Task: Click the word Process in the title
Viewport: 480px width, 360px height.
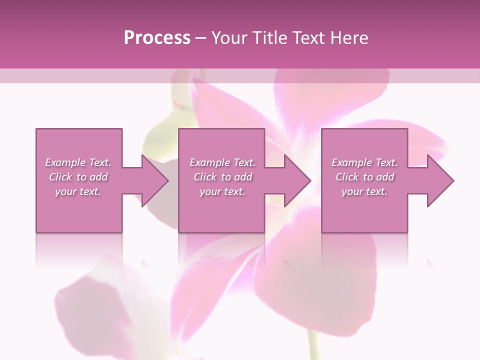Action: click(157, 38)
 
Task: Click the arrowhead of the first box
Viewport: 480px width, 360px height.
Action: click(155, 180)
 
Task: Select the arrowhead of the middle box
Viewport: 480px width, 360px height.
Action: click(297, 180)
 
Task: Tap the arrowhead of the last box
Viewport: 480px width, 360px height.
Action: click(440, 180)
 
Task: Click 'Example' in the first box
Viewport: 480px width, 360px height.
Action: click(65, 162)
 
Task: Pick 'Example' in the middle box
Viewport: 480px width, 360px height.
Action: click(209, 162)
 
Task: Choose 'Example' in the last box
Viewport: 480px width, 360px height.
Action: click(351, 162)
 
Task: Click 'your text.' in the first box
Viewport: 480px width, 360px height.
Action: click(78, 191)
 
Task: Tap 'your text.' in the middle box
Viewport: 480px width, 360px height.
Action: click(222, 191)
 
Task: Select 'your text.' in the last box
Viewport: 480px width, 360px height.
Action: click(364, 191)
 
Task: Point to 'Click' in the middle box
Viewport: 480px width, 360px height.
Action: click(205, 177)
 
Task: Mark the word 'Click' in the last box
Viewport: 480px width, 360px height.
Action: click(347, 177)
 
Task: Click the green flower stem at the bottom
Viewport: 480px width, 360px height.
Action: click(313, 345)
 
